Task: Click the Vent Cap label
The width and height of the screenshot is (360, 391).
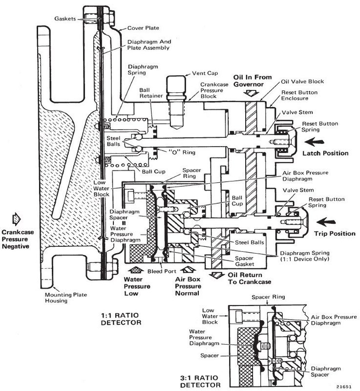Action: (x=205, y=73)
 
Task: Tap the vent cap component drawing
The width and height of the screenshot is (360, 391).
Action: (x=176, y=102)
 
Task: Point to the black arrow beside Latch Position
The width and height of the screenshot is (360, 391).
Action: (x=314, y=142)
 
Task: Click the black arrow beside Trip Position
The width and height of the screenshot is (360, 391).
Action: (x=326, y=222)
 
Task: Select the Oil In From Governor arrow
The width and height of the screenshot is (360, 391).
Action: (x=252, y=93)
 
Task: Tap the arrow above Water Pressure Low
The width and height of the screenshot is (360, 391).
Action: (x=136, y=270)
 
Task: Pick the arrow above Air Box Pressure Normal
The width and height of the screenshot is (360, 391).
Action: (x=188, y=270)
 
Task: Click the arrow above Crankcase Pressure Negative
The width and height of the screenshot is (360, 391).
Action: (x=17, y=219)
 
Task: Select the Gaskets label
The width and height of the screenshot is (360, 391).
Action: (x=65, y=19)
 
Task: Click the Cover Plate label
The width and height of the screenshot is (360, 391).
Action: (x=143, y=28)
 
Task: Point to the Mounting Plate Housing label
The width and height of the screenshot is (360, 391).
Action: (x=66, y=298)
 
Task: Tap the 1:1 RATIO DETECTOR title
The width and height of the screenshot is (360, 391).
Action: (x=121, y=319)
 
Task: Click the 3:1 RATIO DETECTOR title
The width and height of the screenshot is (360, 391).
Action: (x=200, y=381)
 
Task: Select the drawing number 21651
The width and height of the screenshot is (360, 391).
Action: (x=344, y=387)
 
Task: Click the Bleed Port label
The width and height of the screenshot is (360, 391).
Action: (x=162, y=271)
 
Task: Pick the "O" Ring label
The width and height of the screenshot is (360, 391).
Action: (x=182, y=152)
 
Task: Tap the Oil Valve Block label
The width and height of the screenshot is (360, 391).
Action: (x=302, y=82)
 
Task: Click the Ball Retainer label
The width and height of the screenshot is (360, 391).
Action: (x=151, y=93)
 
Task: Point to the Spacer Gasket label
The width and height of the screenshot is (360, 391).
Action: (x=244, y=261)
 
